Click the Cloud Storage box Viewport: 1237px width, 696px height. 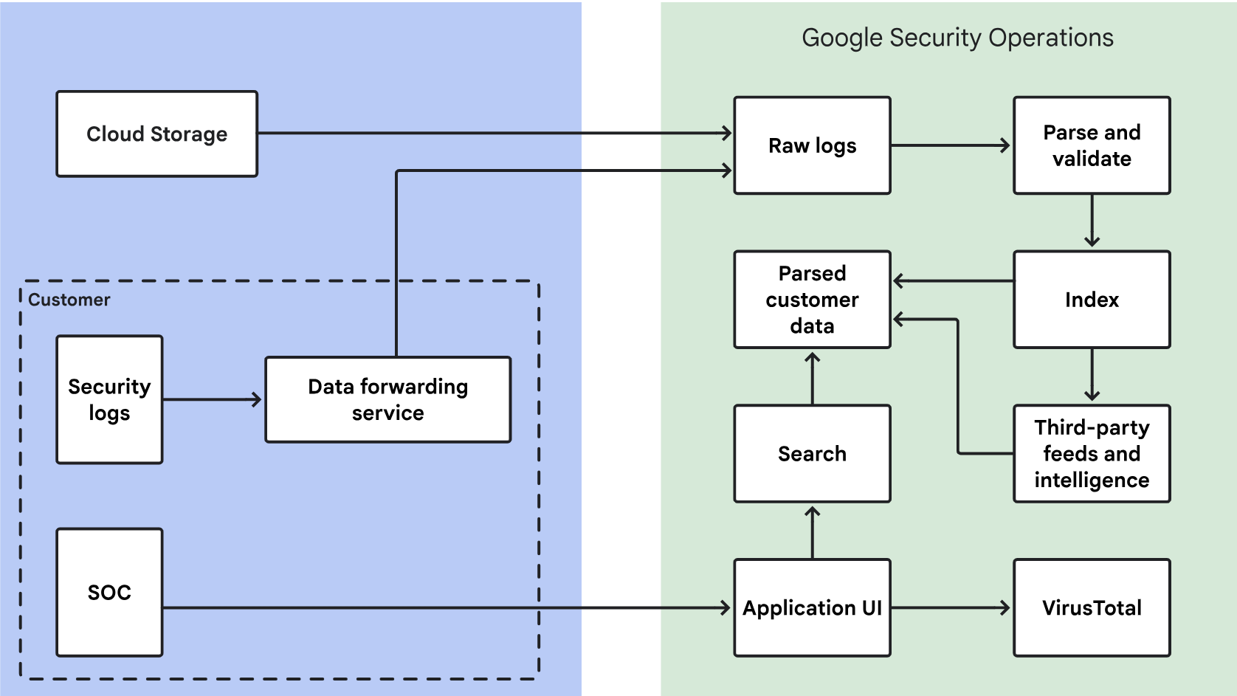(156, 134)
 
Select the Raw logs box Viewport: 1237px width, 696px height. (812, 145)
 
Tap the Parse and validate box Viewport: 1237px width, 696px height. (1092, 145)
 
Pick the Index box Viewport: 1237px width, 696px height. (1092, 300)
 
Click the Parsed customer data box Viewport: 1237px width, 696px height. (812, 300)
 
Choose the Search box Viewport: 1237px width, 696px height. (812, 453)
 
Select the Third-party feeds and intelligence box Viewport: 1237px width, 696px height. (1092, 453)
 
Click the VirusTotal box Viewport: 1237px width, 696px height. (1092, 607)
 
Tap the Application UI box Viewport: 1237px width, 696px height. (812, 607)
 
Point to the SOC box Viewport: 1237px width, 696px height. (109, 592)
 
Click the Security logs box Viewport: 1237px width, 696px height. (109, 399)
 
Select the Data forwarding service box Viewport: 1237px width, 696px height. (387, 399)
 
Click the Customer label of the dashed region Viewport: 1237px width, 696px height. (69, 300)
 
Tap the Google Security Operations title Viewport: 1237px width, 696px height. (957, 38)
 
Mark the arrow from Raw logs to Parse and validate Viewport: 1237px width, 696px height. (951, 145)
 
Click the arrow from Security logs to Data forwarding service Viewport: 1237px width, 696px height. (213, 400)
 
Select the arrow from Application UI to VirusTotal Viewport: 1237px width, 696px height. (951, 608)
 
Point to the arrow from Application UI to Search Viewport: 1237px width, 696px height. (813, 531)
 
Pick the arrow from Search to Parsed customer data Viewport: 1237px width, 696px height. (813, 377)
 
